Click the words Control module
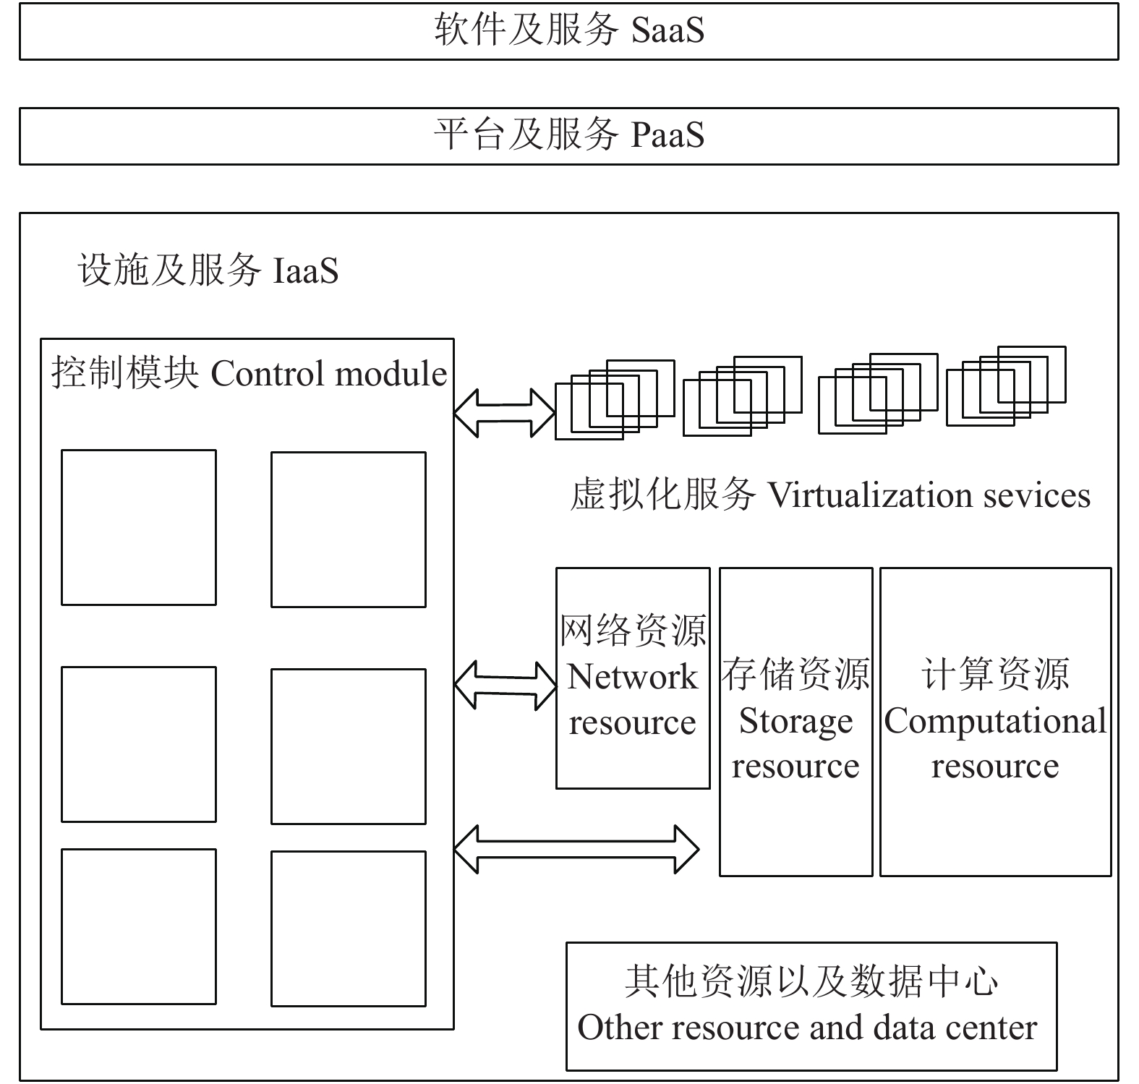tap(329, 374)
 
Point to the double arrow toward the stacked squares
tap(504, 413)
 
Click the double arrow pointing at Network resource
tap(505, 684)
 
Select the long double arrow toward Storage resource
tap(576, 849)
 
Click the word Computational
tap(995, 721)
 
